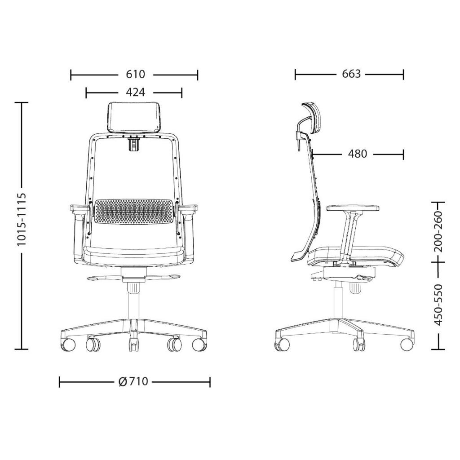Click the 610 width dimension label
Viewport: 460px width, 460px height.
coord(136,74)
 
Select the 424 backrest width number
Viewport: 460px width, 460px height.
coord(136,92)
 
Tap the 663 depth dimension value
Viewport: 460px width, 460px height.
coord(351,74)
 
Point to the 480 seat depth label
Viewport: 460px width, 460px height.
coord(357,154)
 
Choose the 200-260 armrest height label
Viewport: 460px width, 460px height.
coord(439,232)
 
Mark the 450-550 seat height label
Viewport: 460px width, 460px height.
coord(439,305)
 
